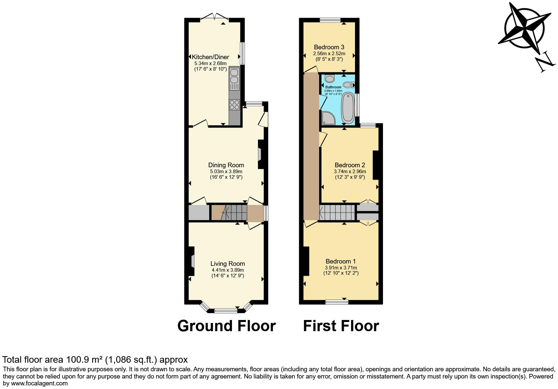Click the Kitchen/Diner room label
(211, 57)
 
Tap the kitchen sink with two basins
(234, 76)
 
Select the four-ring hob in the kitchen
(234, 104)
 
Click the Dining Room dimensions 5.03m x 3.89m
(226, 172)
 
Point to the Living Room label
(228, 263)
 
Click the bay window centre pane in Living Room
(226, 310)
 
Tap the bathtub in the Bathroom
(348, 107)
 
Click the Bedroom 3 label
(329, 47)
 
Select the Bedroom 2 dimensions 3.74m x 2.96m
(350, 172)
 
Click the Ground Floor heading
(226, 326)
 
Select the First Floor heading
(341, 326)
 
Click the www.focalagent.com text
(39, 383)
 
